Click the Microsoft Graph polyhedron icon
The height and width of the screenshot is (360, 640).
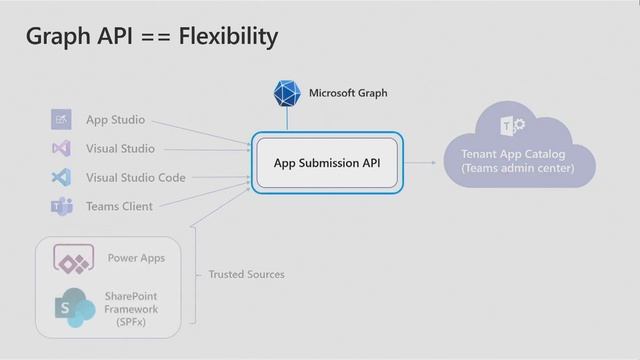coord(287,93)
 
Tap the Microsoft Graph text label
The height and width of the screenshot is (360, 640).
coord(347,93)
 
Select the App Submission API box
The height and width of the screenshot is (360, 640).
coord(327,163)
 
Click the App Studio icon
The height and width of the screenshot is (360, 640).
coord(61,120)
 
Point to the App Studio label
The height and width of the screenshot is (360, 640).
coord(115,120)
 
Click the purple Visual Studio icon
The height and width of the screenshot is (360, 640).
coord(61,149)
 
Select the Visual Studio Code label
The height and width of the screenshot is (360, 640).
coord(135,178)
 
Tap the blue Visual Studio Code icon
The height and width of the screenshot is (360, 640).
coord(61,178)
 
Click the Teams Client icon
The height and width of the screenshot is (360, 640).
coord(61,207)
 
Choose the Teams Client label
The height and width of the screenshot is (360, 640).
coord(119,207)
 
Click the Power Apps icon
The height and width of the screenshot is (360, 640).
coord(72,261)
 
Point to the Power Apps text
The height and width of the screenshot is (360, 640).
coord(136,258)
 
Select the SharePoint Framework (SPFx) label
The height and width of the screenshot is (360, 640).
coord(132,309)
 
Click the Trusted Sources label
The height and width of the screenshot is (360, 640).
coord(246,274)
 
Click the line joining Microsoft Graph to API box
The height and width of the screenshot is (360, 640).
coord(287,119)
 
